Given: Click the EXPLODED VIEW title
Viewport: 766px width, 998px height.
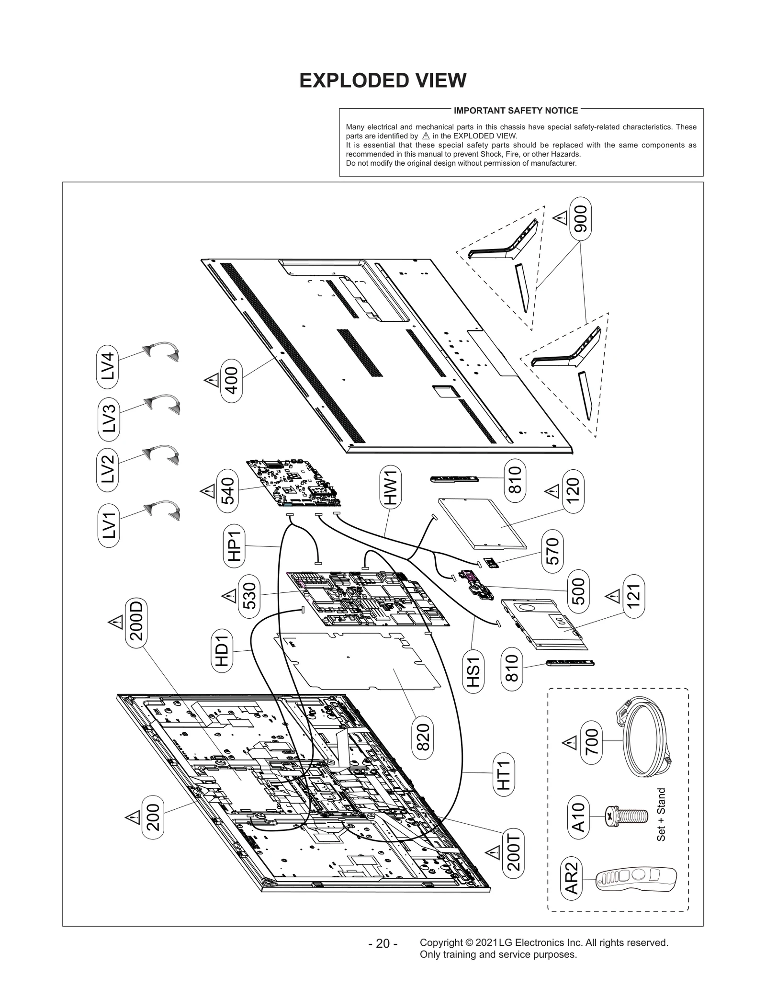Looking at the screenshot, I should click(383, 80).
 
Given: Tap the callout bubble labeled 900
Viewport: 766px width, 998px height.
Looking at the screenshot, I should click(580, 219).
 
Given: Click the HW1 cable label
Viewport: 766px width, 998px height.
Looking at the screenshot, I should click(391, 488).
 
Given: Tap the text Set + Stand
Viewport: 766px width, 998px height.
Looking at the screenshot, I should click(661, 815).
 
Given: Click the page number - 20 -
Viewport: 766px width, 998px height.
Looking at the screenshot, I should click(383, 943).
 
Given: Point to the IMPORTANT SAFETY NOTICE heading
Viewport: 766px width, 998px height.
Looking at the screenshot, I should click(516, 111).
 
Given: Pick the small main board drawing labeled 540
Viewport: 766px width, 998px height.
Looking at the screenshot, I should click(293, 484).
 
